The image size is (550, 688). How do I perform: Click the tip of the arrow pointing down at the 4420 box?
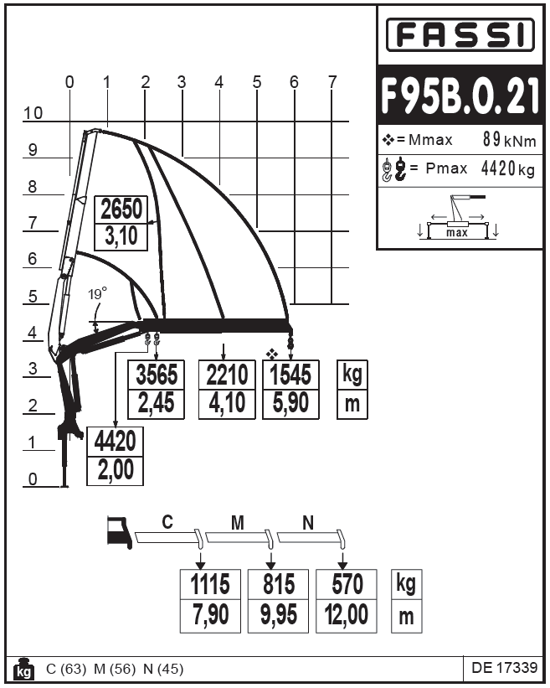(x=116, y=427)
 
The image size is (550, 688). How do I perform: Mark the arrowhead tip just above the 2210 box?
(x=224, y=360)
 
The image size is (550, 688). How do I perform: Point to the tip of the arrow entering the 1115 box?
(x=200, y=569)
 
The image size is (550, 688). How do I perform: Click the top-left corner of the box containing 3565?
(x=128, y=360)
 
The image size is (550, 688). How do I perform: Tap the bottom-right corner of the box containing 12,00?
(x=377, y=633)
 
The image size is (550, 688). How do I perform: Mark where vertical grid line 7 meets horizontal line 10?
(x=332, y=122)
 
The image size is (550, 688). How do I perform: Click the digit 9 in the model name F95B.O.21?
(x=414, y=96)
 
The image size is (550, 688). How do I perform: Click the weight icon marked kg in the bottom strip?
(x=23, y=668)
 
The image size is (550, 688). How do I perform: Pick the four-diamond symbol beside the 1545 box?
(x=272, y=353)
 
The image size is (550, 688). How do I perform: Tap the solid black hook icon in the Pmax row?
(x=400, y=169)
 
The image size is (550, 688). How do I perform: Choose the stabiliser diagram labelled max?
(x=458, y=217)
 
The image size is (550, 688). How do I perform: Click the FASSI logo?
(x=460, y=34)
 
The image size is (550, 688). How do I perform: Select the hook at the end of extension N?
(x=342, y=540)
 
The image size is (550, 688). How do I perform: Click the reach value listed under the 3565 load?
(x=156, y=404)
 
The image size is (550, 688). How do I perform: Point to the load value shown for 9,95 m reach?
(x=278, y=584)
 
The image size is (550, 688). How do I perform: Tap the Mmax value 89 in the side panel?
(x=491, y=139)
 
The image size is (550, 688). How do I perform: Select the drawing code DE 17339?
(x=505, y=667)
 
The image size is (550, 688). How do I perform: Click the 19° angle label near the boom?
(x=97, y=293)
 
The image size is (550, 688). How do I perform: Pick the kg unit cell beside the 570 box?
(x=406, y=584)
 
